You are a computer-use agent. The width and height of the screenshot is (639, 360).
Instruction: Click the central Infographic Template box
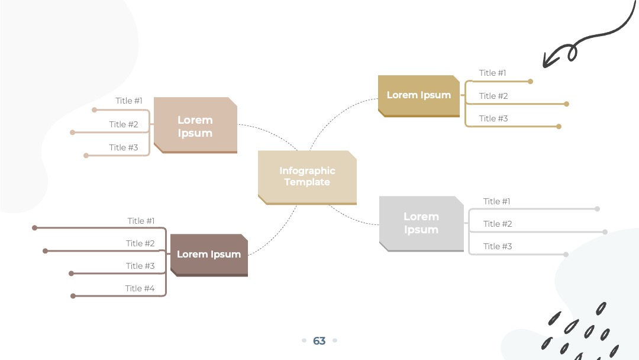pos(307,178)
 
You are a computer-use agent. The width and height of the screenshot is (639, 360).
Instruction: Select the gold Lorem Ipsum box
pos(419,96)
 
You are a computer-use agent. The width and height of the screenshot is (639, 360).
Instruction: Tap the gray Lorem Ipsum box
pos(421,223)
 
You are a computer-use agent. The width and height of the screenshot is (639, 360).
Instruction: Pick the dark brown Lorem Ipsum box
pos(209,255)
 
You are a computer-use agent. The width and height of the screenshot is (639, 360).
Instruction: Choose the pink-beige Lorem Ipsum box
pos(195,125)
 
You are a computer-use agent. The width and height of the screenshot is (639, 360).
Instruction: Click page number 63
pos(319,341)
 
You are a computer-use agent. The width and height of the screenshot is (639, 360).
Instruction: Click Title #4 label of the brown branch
pos(140,288)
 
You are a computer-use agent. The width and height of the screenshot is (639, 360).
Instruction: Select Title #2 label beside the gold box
pos(493,96)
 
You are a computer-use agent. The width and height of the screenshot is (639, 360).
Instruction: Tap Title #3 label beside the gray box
pos(498,246)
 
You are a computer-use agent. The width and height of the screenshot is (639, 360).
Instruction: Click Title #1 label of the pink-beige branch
pos(129,101)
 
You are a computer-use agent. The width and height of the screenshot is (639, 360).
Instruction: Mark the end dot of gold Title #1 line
pos(530,82)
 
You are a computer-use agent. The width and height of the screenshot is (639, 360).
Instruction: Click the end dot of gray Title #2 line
pos(605,232)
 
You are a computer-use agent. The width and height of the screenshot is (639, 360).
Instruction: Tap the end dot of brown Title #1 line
pos(35,228)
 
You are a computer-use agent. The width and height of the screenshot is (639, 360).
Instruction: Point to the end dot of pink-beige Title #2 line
pos(73,133)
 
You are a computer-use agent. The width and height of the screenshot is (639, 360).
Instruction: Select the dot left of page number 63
pos(304,340)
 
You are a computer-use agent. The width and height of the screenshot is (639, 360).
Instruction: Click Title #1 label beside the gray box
pos(497,201)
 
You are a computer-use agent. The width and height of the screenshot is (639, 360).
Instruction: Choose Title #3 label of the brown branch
pos(140,266)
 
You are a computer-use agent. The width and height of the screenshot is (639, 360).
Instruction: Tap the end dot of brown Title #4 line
pos(73,296)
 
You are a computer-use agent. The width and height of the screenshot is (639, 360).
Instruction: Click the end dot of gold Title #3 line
pos(559,126)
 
